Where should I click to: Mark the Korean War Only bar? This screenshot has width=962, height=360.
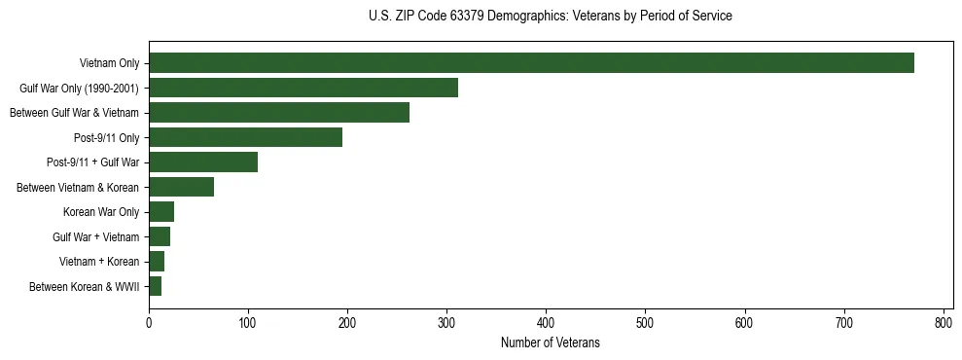click(161, 212)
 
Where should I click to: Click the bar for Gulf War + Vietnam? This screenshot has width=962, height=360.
click(160, 236)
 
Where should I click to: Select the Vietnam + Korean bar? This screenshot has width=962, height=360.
click(157, 262)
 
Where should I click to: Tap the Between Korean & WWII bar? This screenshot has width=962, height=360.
click(156, 286)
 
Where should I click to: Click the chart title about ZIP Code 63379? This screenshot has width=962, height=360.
click(551, 17)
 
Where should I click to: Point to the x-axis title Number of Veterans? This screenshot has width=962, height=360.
click(551, 343)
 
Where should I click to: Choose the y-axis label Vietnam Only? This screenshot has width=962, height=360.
click(109, 63)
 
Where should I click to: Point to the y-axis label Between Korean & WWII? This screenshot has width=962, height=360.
click(85, 286)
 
